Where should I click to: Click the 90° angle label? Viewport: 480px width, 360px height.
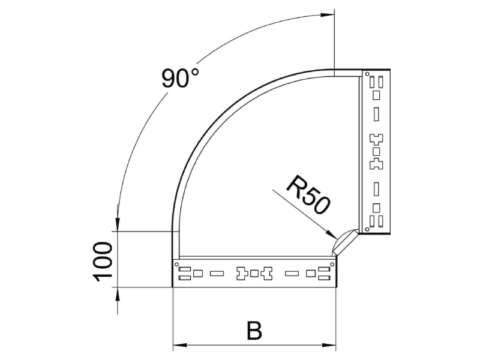[181, 78]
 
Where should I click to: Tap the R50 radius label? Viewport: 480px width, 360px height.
[308, 194]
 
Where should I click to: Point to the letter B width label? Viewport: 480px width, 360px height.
[254, 330]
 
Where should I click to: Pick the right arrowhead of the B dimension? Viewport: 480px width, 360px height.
[329, 346]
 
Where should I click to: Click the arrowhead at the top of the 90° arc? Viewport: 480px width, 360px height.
[327, 14]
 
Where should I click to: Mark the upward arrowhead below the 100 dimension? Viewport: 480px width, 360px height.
[118, 295]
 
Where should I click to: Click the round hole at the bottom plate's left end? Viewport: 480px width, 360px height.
[176, 264]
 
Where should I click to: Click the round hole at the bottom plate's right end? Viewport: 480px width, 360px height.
[332, 264]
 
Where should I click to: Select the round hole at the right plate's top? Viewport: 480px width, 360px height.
[367, 73]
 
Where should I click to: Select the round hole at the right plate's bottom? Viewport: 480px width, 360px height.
[367, 229]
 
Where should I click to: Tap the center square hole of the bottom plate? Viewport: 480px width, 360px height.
[254, 274]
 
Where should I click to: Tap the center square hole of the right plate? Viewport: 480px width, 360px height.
[377, 152]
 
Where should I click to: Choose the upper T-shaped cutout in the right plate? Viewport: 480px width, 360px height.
[377, 139]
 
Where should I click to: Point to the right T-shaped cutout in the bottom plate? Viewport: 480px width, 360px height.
[266, 274]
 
